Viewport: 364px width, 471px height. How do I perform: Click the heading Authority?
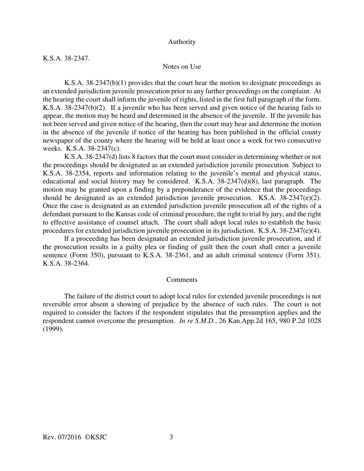tap(182, 42)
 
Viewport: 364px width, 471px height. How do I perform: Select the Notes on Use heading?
tap(182, 67)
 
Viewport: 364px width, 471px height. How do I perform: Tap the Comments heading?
tap(182, 280)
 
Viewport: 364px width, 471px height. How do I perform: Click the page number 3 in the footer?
tap(171, 437)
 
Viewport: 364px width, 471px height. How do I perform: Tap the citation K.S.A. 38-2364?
tap(66, 264)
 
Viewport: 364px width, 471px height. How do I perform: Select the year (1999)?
tap(53, 329)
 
